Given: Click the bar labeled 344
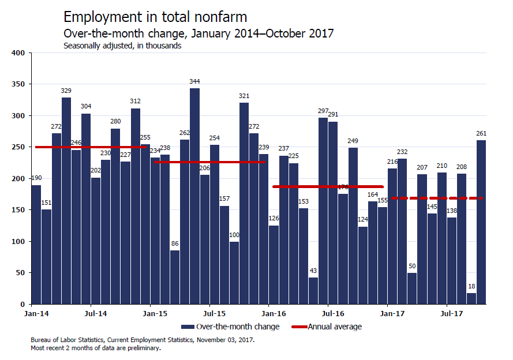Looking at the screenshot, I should [195, 196].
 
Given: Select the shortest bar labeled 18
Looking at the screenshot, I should [471, 298].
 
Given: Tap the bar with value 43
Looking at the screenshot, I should [313, 291].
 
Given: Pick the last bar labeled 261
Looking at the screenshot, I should [481, 222].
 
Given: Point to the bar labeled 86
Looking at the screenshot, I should [175, 277].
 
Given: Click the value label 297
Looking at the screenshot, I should [323, 111].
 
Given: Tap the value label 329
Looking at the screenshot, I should [66, 91].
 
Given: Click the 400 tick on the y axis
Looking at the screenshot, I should [18, 53].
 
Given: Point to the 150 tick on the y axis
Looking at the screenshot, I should [18, 210].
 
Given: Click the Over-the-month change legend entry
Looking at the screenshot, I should [237, 327].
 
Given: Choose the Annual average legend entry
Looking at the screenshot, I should [335, 327].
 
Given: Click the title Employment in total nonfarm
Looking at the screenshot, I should [156, 17].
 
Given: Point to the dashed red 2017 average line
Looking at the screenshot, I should [439, 198].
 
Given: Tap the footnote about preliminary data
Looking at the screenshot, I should [95, 348].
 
